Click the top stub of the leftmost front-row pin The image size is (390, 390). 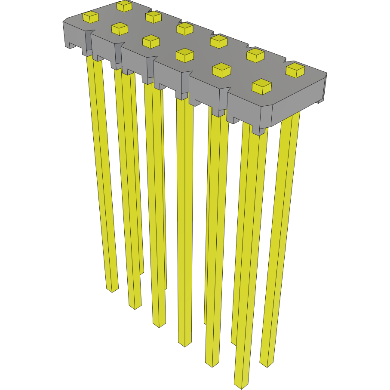[91, 17]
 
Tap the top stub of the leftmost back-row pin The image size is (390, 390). [124, 6]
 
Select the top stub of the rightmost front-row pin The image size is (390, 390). [261, 86]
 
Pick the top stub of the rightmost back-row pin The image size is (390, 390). [295, 70]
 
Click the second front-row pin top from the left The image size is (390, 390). [120, 29]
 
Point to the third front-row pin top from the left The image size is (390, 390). [151, 41]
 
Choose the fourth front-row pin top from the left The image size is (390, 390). [185, 55]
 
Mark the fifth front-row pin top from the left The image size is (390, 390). [222, 70]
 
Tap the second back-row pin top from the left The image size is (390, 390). [153, 17]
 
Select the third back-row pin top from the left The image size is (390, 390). [185, 28]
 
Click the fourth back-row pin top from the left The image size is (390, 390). [218, 41]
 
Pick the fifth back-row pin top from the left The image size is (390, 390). [255, 55]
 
